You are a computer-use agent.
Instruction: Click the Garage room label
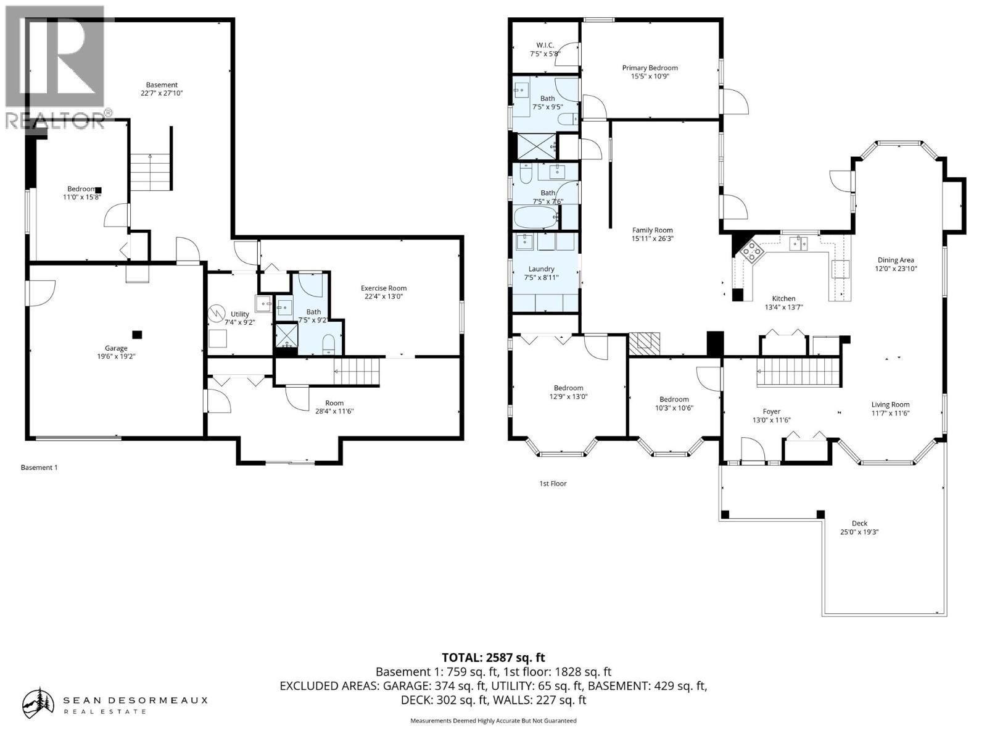(x=116, y=348)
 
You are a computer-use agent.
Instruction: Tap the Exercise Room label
(x=383, y=288)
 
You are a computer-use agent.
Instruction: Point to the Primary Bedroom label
(x=650, y=68)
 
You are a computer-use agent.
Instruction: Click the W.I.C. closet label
(x=545, y=45)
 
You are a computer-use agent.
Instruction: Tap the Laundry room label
(x=541, y=269)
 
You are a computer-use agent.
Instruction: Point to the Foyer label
(x=771, y=411)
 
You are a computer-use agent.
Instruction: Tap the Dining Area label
(x=896, y=260)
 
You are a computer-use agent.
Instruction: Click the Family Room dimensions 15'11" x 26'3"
(x=652, y=238)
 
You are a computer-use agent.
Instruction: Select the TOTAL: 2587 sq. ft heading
(x=493, y=658)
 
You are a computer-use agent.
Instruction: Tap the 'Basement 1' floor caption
(x=39, y=467)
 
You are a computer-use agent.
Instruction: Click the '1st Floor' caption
(x=553, y=484)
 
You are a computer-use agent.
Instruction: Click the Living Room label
(x=890, y=405)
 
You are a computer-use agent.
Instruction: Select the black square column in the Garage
(x=138, y=334)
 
